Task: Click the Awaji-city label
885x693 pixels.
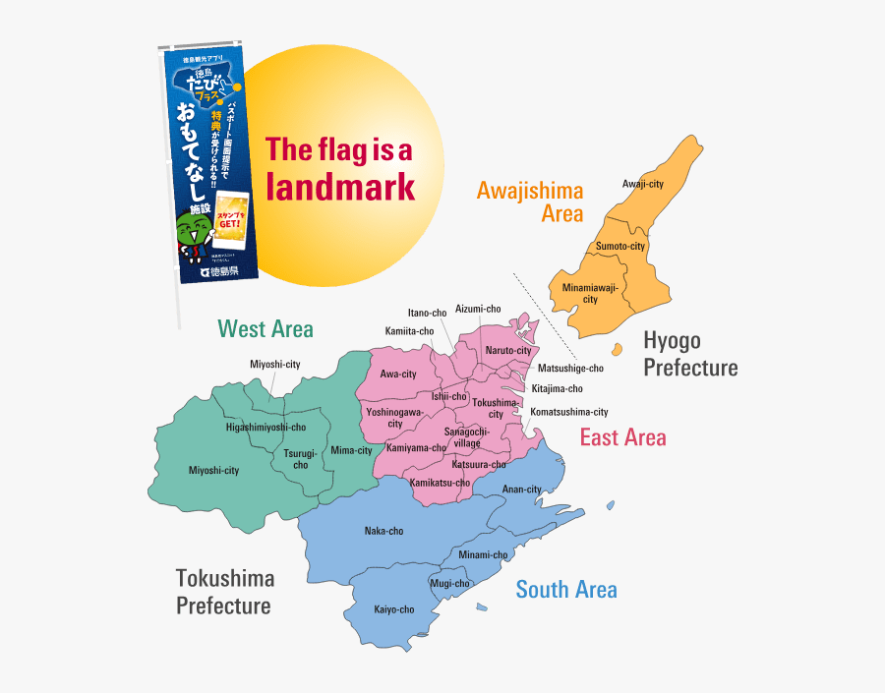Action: [643, 184]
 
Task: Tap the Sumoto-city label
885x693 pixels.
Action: [620, 246]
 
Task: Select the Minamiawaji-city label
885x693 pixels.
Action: [590, 293]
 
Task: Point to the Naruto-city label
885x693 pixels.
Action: [508, 350]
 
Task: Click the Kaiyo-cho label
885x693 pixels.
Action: [393, 609]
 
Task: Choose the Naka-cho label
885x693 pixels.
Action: [383, 531]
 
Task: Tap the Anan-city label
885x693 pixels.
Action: [521, 489]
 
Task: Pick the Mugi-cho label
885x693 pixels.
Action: [450, 583]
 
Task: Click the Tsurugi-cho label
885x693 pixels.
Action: [300, 459]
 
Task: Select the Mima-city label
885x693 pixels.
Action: [351, 450]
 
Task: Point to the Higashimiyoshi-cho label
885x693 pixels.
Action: [265, 428]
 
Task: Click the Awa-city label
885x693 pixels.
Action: [398, 375]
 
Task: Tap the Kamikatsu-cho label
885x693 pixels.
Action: [440, 483]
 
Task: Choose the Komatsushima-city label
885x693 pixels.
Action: [569, 412]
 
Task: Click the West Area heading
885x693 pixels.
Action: [265, 328]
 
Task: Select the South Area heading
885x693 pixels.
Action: [566, 589]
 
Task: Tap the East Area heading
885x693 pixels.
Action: [622, 437]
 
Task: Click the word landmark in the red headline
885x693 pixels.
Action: [340, 187]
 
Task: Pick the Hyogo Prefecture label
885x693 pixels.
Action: [690, 354]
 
